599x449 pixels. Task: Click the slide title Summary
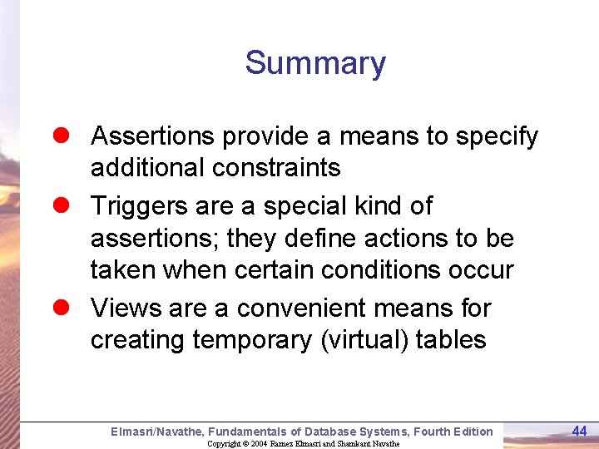coord(315,64)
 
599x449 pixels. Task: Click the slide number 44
coord(579,430)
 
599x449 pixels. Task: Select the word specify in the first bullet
coord(496,136)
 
